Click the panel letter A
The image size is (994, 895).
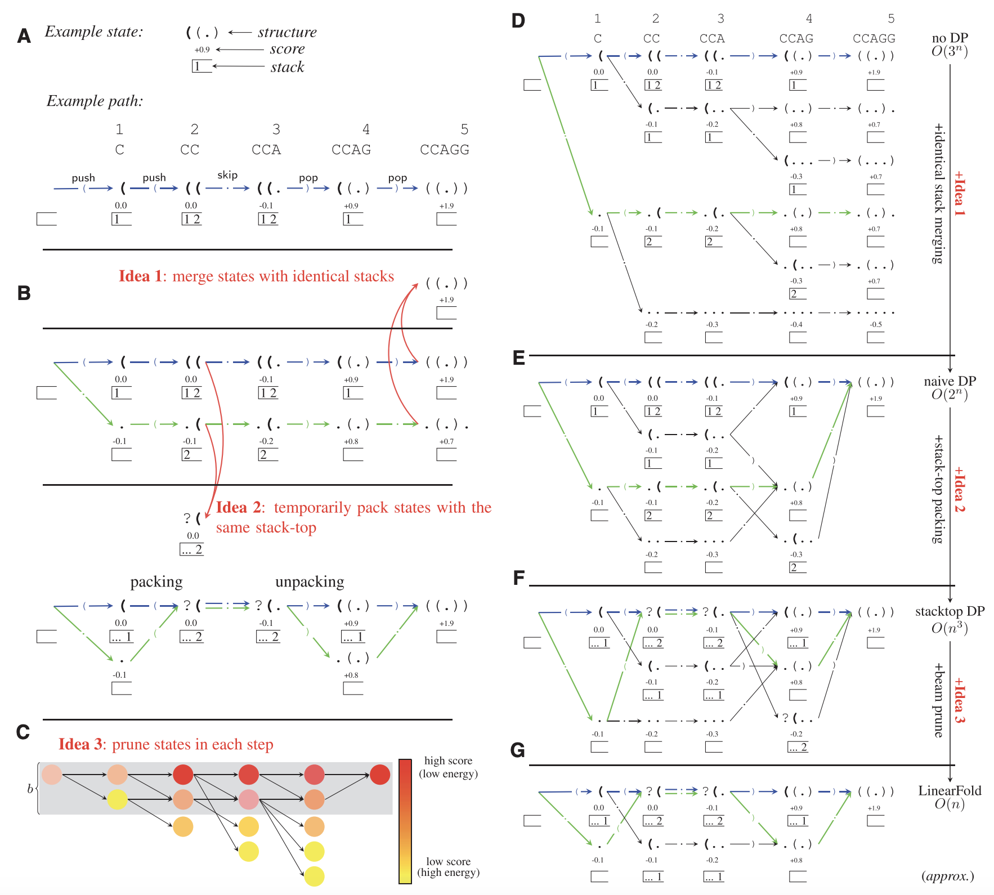point(24,36)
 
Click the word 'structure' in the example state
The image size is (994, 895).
point(287,32)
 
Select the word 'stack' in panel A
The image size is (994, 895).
point(287,67)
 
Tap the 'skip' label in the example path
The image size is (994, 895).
point(227,175)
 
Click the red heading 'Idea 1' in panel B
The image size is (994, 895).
point(140,276)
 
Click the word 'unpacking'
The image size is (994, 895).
point(310,581)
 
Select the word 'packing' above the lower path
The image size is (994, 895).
point(156,581)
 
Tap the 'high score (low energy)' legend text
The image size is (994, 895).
point(448,767)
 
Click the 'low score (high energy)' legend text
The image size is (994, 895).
point(448,867)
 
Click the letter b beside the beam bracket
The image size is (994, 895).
point(30,789)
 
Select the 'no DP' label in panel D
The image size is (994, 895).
point(950,38)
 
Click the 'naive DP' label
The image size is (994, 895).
point(950,381)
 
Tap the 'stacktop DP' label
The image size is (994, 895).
point(950,611)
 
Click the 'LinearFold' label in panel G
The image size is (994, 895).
point(950,791)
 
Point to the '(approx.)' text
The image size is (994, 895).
point(947,876)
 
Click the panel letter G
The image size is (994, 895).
point(517,750)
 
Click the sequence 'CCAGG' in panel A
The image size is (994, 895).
point(444,150)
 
